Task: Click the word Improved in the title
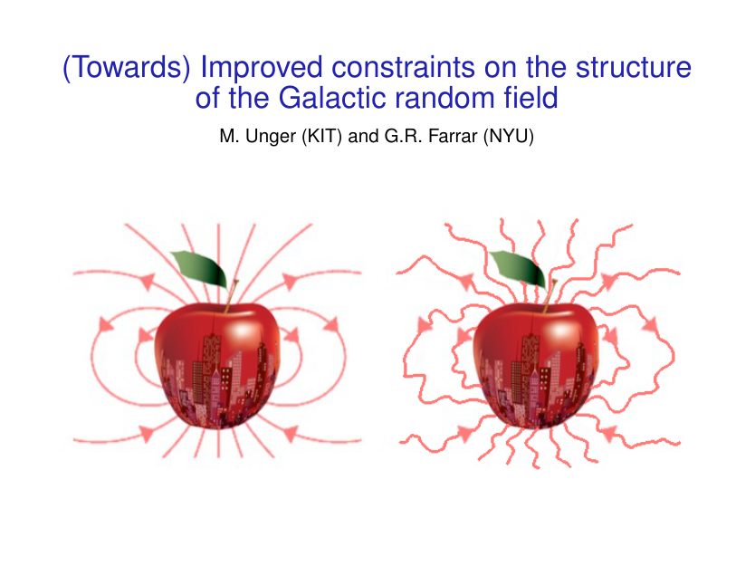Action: (261, 67)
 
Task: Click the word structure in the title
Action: (633, 66)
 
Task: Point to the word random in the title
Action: (444, 97)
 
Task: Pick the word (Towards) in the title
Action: (127, 67)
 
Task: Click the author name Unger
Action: (270, 137)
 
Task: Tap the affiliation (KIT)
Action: (321, 137)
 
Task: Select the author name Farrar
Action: (452, 136)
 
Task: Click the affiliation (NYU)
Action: (509, 137)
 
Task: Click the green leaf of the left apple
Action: (200, 269)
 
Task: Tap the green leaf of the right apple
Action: (519, 268)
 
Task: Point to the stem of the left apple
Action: (231, 295)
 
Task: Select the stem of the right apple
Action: (550, 296)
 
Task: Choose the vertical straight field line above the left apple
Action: (218, 263)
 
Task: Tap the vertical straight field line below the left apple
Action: (218, 442)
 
